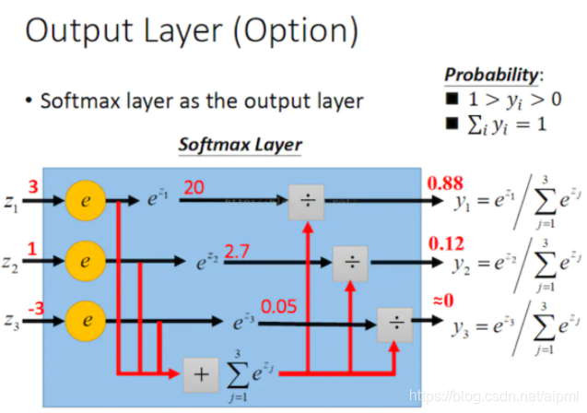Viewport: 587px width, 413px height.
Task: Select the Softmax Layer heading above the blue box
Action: (x=240, y=145)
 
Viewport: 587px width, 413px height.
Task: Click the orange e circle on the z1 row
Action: (x=86, y=199)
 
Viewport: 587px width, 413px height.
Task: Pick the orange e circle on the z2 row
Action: (x=86, y=261)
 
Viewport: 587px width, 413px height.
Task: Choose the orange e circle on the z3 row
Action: (x=86, y=322)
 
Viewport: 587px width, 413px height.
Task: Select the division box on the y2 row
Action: (x=349, y=262)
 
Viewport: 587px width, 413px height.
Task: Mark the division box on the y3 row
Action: (x=393, y=323)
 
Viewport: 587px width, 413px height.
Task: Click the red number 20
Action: (x=194, y=187)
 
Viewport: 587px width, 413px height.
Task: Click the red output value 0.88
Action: (x=445, y=182)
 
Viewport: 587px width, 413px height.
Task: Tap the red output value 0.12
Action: (x=445, y=244)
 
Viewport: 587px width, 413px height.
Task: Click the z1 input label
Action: (x=11, y=201)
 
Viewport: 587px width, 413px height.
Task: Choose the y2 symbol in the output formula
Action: (x=460, y=264)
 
